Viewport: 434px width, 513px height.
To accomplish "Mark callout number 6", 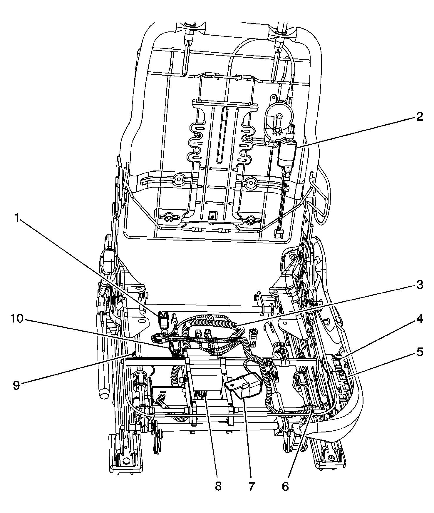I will [x=285, y=486].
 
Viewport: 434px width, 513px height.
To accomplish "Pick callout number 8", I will [x=218, y=486].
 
